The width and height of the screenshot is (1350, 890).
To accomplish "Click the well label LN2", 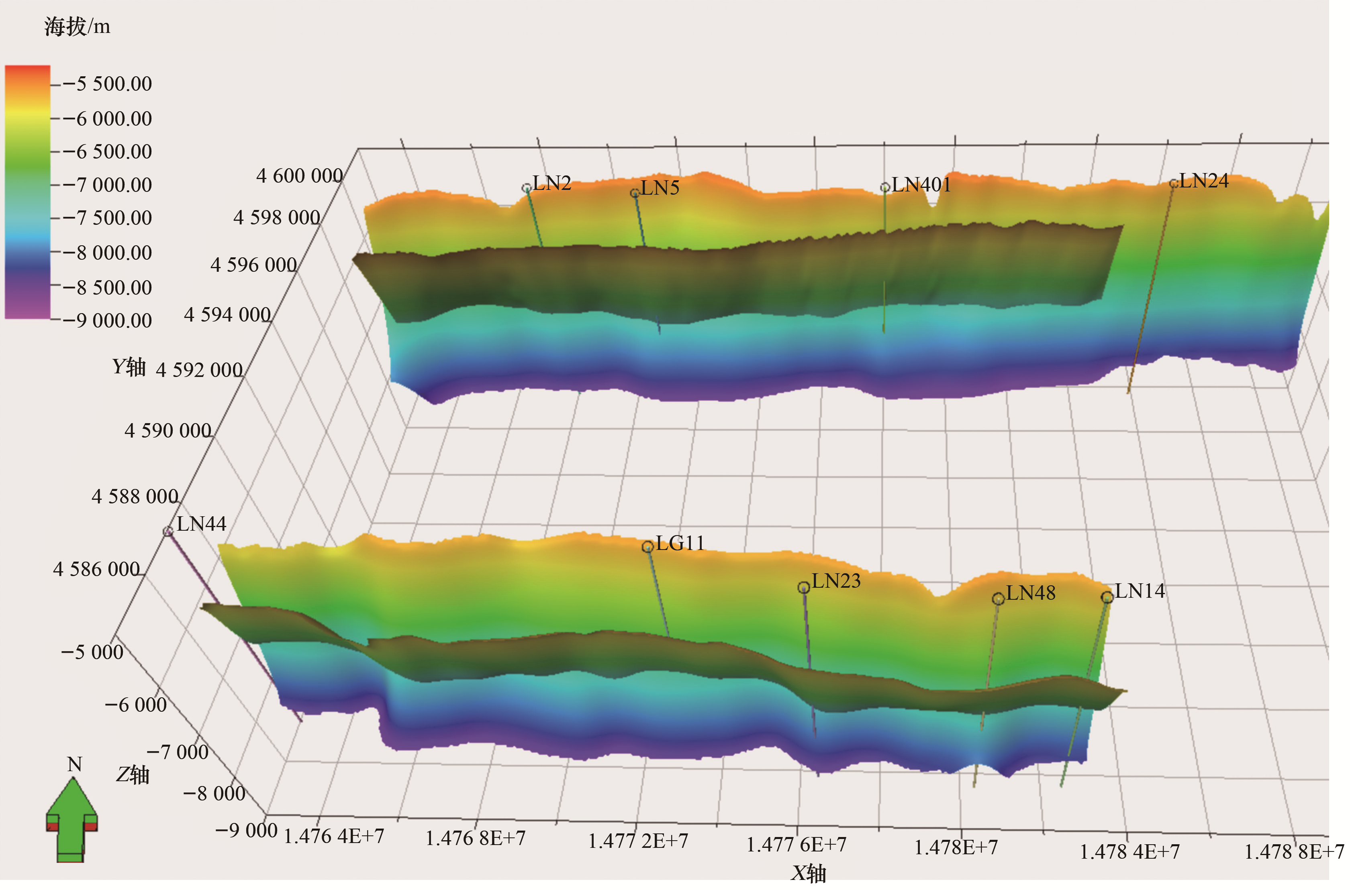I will click(x=552, y=183).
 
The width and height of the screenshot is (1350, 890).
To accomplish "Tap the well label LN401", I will click(x=921, y=185).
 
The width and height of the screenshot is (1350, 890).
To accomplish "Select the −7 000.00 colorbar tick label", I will click(x=107, y=185).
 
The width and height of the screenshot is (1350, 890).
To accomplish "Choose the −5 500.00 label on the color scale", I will click(x=107, y=84).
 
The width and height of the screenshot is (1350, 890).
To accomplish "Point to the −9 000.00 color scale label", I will click(x=107, y=321).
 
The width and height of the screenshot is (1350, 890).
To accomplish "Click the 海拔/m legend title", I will click(x=77, y=26).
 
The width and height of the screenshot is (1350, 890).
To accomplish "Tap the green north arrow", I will click(x=71, y=819).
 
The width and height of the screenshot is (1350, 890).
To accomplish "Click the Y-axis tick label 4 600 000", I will click(x=299, y=176).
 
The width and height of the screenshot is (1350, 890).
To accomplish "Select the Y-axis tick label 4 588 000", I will click(x=135, y=497).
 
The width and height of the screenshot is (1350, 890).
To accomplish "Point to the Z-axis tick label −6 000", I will click(x=136, y=705).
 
